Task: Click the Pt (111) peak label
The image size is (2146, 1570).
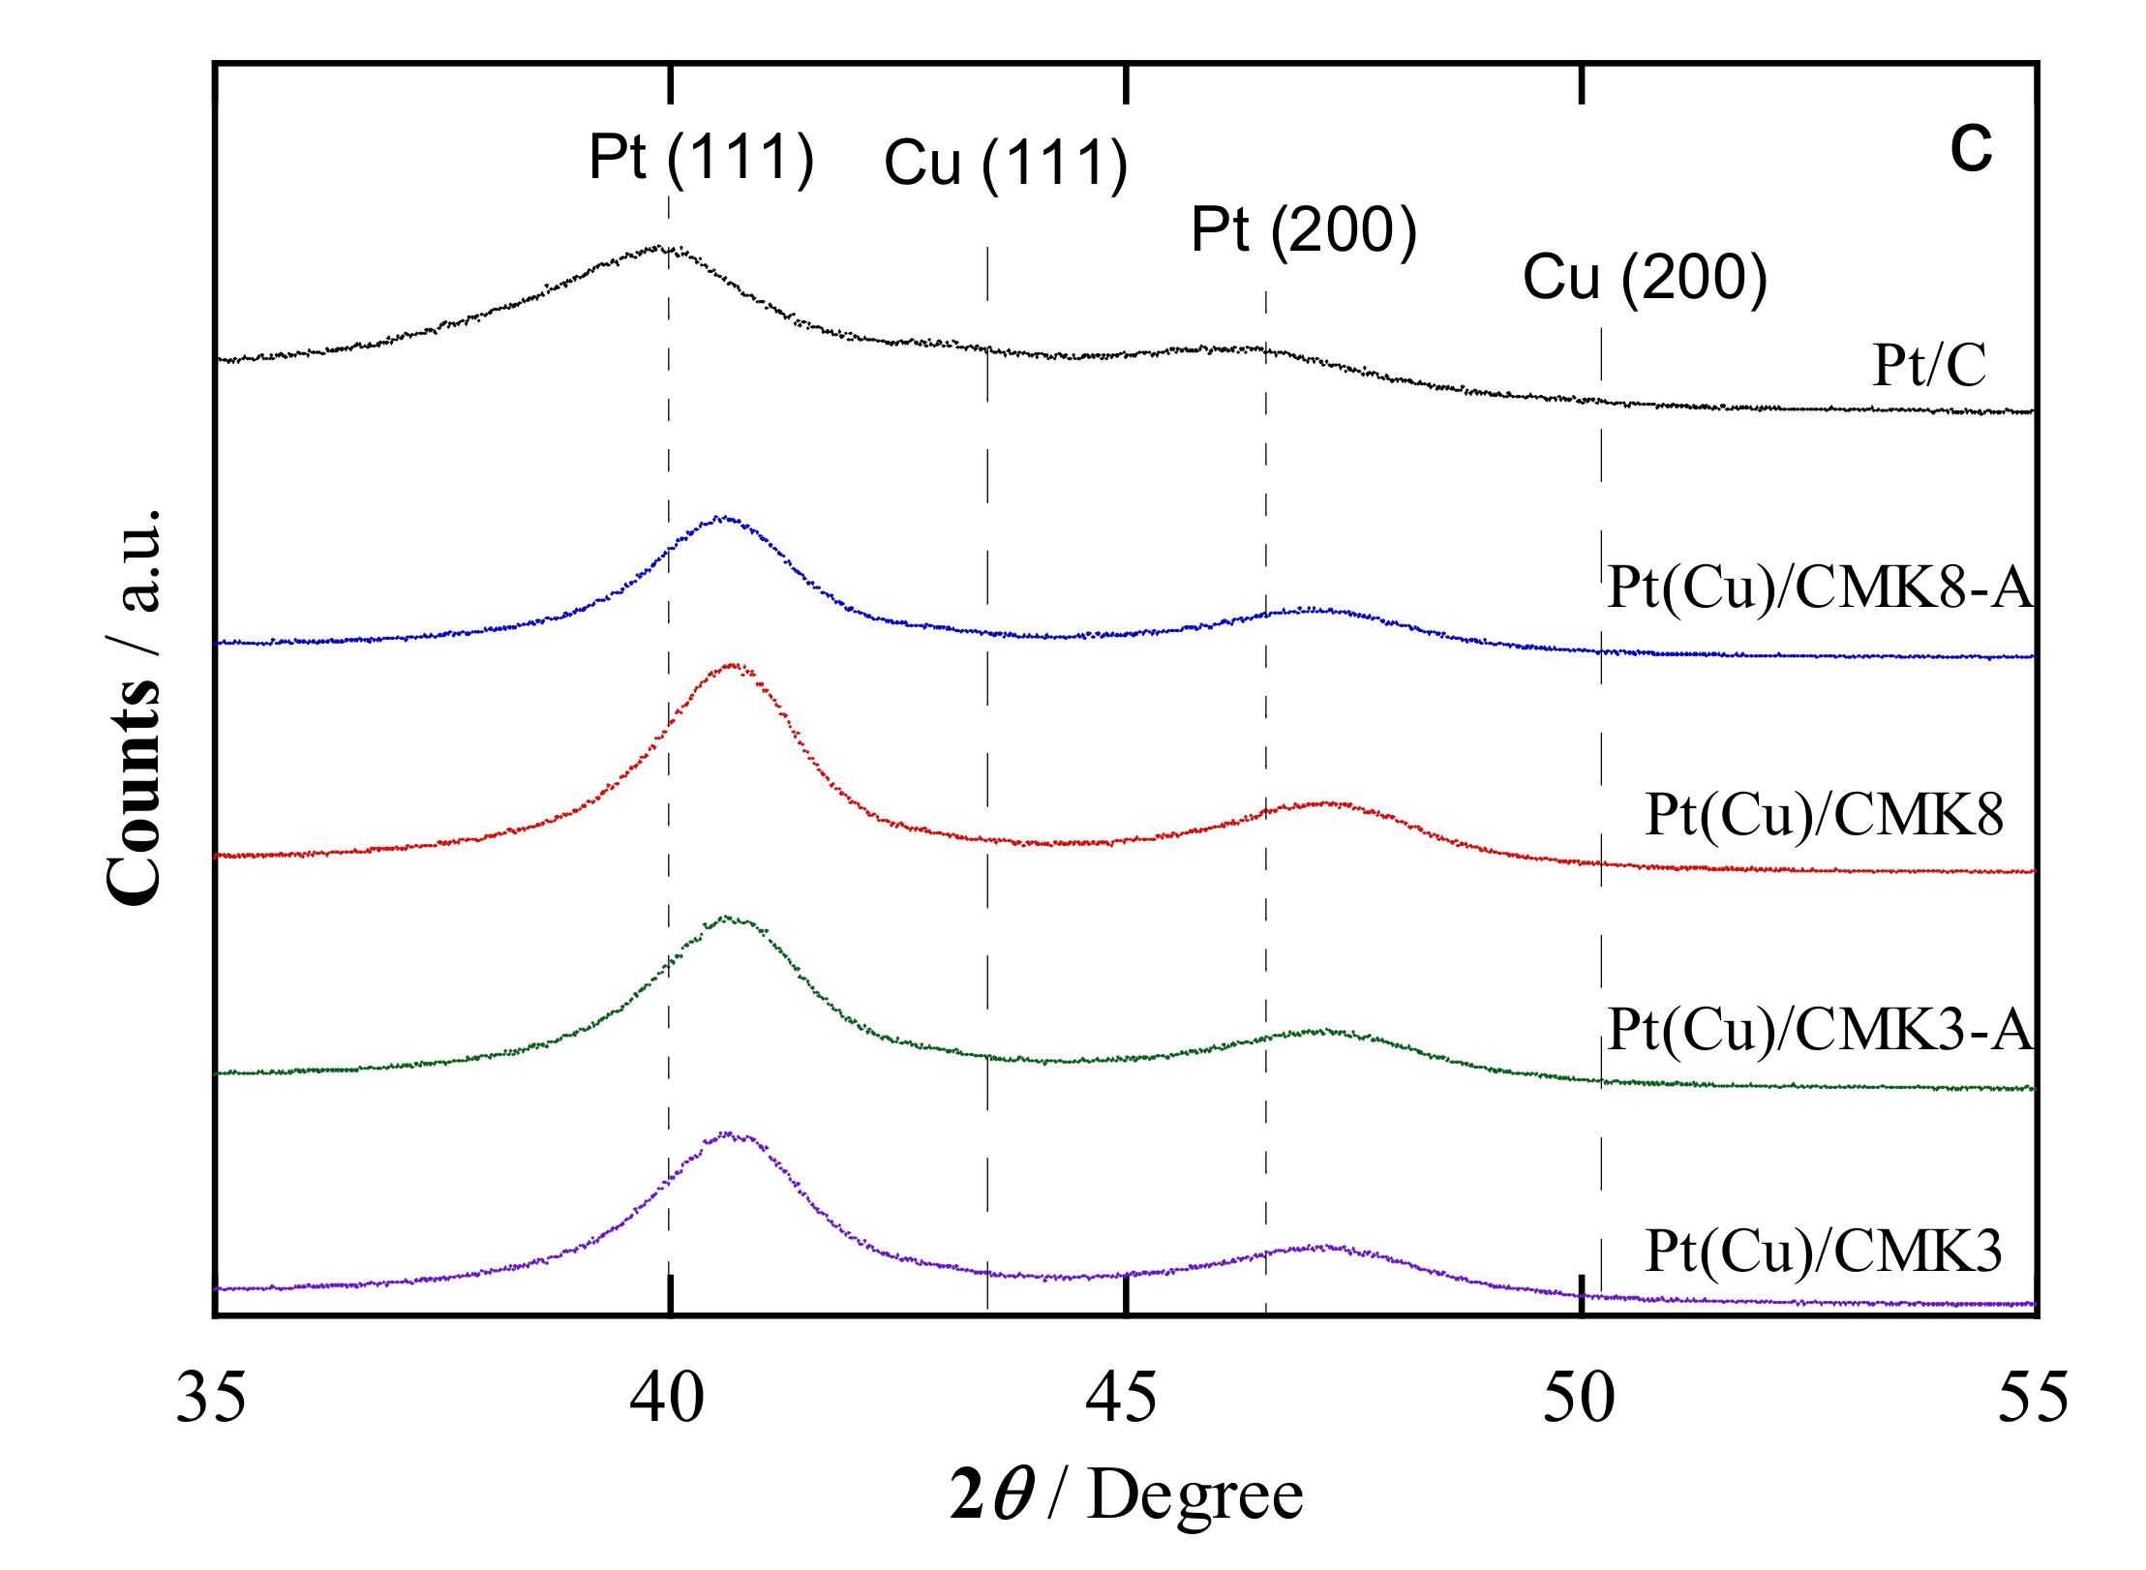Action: (x=701, y=158)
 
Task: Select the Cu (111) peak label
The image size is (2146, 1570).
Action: (x=1006, y=163)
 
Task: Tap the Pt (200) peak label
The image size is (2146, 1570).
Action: (x=1303, y=230)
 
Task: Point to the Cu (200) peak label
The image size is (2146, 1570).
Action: (x=1645, y=278)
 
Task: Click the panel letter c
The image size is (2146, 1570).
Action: (x=1971, y=148)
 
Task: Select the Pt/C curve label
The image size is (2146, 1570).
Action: (x=1928, y=366)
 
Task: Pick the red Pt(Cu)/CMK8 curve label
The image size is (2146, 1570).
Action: (x=1824, y=815)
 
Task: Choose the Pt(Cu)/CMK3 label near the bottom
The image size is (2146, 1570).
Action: (x=1824, y=1252)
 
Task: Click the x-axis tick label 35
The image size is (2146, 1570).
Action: (x=211, y=1399)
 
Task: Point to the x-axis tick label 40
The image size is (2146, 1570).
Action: (x=667, y=1399)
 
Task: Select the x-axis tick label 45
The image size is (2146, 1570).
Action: (x=1122, y=1399)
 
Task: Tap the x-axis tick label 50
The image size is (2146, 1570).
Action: (x=1579, y=1399)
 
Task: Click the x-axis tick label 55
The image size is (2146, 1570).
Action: (x=2034, y=1399)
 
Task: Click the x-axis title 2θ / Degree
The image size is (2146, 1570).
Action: (x=1127, y=1496)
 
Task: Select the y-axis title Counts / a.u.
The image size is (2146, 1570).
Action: (x=134, y=707)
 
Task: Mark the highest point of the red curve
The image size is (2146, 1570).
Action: (x=733, y=665)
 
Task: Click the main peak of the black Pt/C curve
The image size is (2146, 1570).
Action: (x=662, y=248)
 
